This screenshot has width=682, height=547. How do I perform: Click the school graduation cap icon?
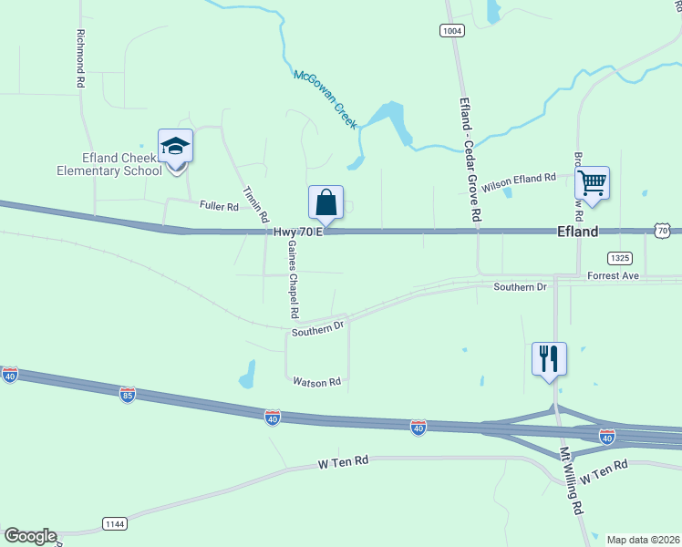[x=175, y=146]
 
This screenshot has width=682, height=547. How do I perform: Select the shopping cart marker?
[x=593, y=183]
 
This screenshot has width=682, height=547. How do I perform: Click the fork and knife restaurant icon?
[x=549, y=357]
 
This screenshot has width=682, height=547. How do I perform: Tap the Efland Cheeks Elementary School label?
[x=109, y=164]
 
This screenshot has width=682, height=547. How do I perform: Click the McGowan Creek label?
[x=325, y=99]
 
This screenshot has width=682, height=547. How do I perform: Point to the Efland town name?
[x=578, y=232]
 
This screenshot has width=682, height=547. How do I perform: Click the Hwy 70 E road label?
[x=298, y=232]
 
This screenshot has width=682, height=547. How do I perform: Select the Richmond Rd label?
[x=81, y=58]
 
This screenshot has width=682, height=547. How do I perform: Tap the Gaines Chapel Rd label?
[x=294, y=279]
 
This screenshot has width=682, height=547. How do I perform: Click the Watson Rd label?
[x=316, y=382]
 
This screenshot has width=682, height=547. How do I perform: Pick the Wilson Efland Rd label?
[x=518, y=181]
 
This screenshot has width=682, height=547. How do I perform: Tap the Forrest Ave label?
[x=615, y=275]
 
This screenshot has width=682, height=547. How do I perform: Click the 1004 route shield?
[x=451, y=31]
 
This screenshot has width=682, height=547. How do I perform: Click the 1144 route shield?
[x=115, y=523]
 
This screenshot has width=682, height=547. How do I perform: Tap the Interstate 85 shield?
[x=128, y=394]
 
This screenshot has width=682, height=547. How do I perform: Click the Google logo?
[x=30, y=536]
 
